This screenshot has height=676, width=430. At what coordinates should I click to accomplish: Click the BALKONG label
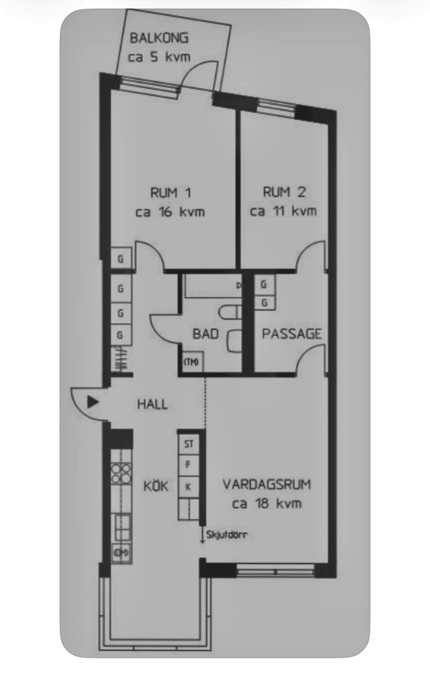159,38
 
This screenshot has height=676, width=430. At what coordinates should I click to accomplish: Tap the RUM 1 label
170,193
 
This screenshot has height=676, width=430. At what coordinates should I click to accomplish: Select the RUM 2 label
284,192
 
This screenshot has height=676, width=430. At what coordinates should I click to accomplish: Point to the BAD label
205,334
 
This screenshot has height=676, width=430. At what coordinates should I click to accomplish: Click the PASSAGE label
291,334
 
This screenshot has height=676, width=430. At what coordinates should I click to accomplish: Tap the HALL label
152,404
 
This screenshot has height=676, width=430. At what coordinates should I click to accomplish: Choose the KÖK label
156,486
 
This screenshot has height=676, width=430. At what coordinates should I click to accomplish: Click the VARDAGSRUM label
267,485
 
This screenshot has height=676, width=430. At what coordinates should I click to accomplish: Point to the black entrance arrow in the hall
92,403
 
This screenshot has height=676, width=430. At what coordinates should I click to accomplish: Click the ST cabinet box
189,443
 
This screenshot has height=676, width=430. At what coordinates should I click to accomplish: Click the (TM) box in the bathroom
191,362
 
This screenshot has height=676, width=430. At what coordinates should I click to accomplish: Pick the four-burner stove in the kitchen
121,474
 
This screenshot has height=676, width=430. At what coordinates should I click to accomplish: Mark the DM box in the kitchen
121,552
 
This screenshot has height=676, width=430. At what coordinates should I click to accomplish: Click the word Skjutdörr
227,535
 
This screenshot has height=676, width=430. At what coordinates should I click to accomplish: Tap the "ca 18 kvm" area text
267,504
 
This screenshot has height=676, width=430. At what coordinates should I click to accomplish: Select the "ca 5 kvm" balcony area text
159,57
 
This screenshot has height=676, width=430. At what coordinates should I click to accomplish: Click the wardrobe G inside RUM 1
121,259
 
